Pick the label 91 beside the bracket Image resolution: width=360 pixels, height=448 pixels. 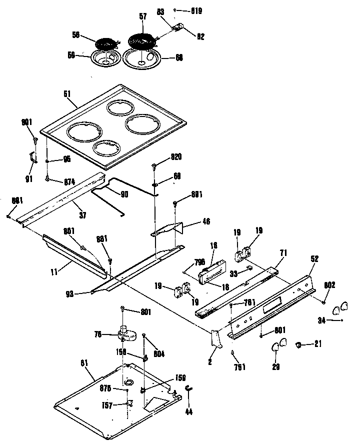click(28, 178)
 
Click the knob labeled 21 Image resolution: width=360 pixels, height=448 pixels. click(299, 344)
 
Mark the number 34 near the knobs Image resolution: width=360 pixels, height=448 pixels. click(322, 320)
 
